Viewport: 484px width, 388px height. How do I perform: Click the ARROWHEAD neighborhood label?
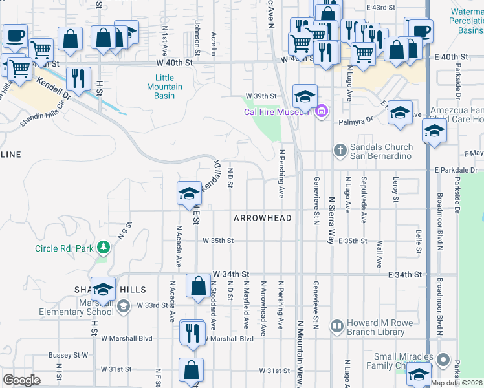tap(263, 218)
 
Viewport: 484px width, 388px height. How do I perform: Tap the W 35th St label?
tap(217, 241)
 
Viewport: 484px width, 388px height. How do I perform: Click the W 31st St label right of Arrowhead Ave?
tap(274, 371)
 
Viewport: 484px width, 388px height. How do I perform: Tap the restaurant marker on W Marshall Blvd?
tap(192, 332)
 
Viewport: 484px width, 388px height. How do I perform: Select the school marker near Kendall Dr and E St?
tap(189, 192)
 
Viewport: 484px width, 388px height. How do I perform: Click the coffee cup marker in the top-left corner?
tap(15, 36)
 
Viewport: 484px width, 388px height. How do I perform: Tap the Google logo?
tap(22, 380)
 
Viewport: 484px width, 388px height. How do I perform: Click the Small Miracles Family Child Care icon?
tap(443, 359)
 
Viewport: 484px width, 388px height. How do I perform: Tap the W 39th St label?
tap(265, 96)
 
